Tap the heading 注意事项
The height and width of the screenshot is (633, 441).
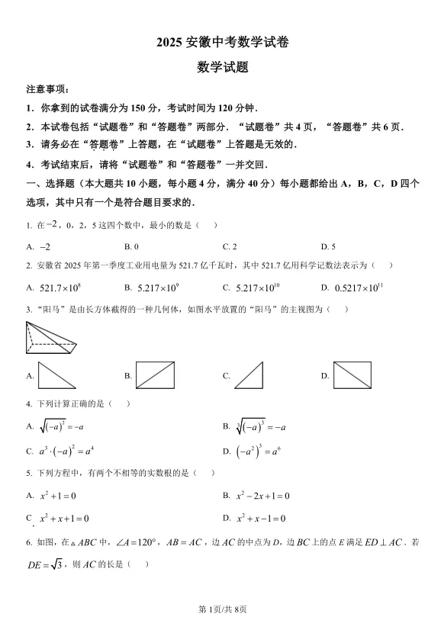pos(47,89)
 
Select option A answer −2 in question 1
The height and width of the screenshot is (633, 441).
pos(44,246)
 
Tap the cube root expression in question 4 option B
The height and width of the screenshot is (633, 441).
pos(259,426)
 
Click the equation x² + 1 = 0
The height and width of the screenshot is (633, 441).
pos(58,496)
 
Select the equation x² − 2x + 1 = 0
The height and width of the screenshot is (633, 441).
pos(262,496)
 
